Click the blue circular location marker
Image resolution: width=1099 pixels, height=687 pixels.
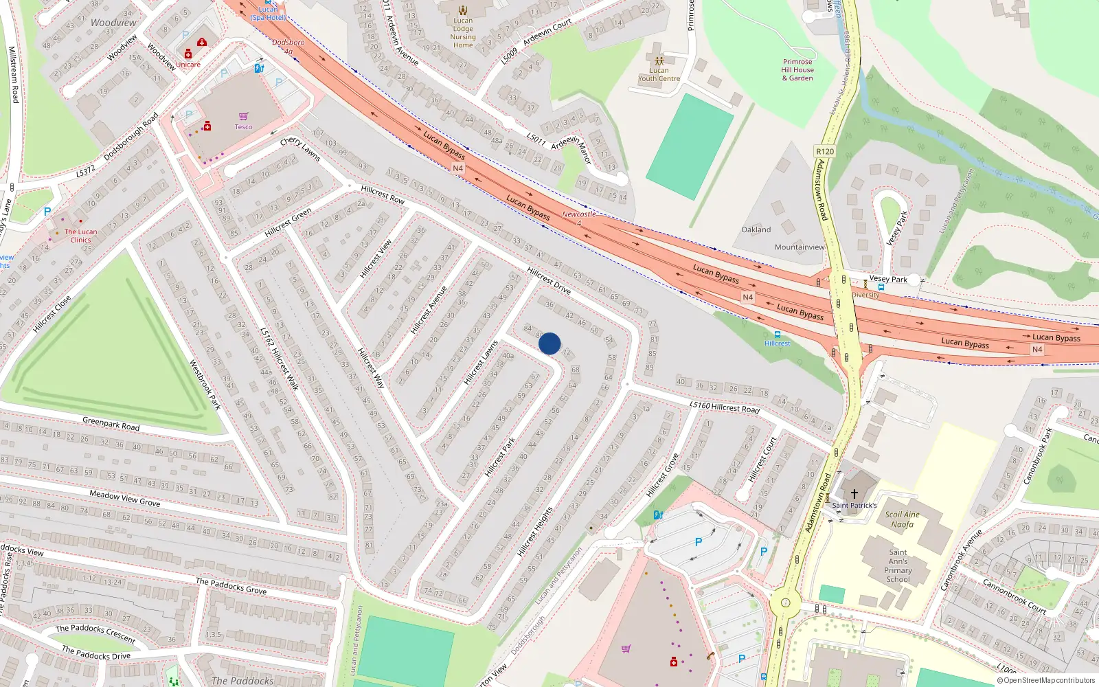coord(549,343)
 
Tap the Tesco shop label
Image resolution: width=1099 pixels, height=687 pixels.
coord(243,126)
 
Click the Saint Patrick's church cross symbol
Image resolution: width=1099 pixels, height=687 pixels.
coord(854,494)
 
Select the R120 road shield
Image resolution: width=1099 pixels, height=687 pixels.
coord(825,151)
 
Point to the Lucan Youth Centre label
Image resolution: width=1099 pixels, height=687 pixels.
coord(659,74)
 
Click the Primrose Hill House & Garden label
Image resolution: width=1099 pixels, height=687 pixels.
coord(797,69)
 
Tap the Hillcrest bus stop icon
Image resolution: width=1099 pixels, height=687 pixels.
coord(778,335)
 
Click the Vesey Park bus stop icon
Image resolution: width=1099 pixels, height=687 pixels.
coord(881,287)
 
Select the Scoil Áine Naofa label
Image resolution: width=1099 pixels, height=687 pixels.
coord(902,519)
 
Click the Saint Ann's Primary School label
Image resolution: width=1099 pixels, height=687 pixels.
coord(898,565)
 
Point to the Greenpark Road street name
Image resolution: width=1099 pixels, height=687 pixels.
coord(111,424)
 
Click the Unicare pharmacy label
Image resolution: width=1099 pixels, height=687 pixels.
coord(188,65)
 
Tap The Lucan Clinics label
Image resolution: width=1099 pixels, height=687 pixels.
coord(80,236)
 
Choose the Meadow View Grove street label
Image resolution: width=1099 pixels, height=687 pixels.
coord(124,498)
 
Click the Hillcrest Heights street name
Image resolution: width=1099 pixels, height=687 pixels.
coord(535,532)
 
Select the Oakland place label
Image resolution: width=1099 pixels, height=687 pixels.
coord(756,229)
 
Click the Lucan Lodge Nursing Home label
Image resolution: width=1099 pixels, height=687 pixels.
coord(463,33)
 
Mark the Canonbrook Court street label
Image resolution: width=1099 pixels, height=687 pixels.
coord(1014,596)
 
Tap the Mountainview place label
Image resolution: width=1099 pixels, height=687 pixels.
coord(800,247)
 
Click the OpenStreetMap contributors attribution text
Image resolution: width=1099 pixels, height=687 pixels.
coord(1045,680)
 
